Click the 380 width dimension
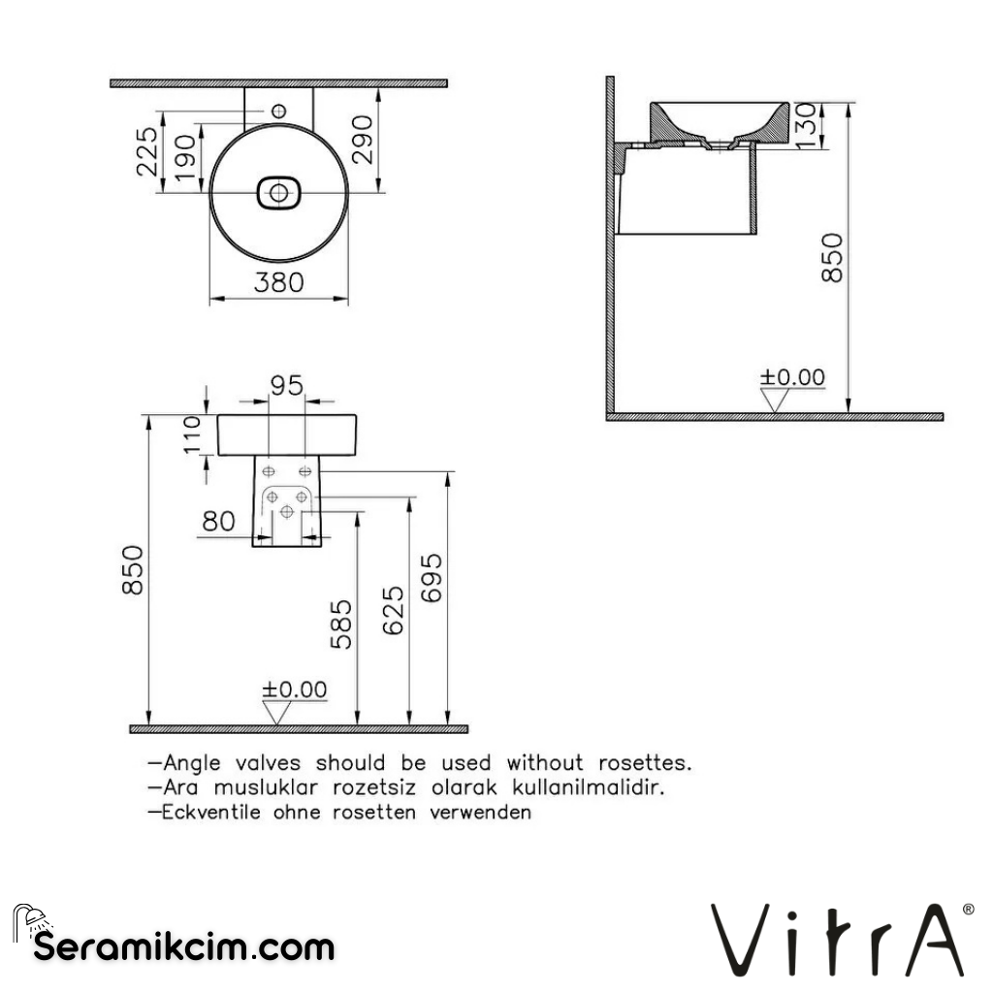pos(279,282)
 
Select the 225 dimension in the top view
pos(145,151)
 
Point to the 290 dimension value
pos(360,139)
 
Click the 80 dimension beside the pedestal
pos(218,521)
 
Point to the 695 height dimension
pos(432,578)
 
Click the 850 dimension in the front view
pos(134,570)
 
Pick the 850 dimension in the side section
pos(832,258)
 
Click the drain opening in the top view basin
pos(279,193)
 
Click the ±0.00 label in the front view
pos(295,689)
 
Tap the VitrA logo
pos(840,940)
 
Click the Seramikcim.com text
pos(184,946)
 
